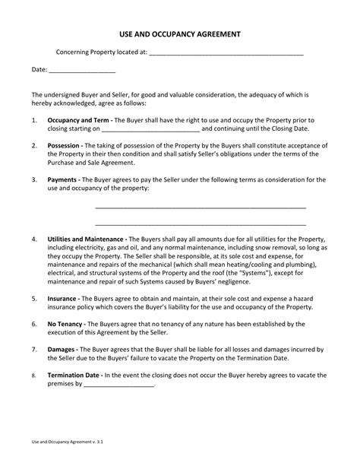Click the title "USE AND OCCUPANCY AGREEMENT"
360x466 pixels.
[x=180, y=34]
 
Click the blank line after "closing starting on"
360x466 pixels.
[x=150, y=130]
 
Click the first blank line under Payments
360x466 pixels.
[x=201, y=207]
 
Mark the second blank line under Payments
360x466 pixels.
[x=201, y=224]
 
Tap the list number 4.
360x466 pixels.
[x=35, y=238]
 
